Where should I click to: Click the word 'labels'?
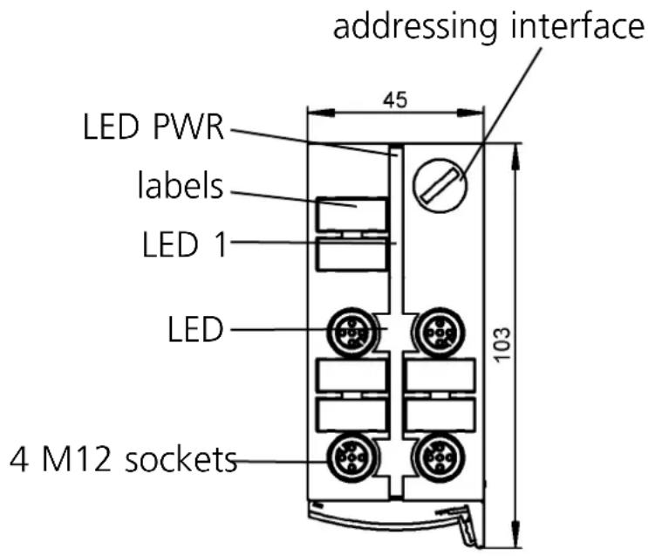coord(181,185)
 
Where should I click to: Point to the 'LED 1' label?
coord(184,245)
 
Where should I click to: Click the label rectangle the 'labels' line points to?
coord(351,214)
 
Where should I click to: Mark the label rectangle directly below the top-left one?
coord(351,255)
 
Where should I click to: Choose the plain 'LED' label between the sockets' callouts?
coord(195,330)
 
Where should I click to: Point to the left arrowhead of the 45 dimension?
coord(314,111)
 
